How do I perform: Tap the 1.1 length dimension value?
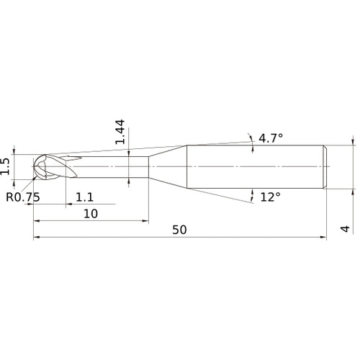tap(84, 197)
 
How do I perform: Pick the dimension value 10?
tap(91, 214)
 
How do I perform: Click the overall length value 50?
tap(180, 230)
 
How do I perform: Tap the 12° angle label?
tap(270, 197)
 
